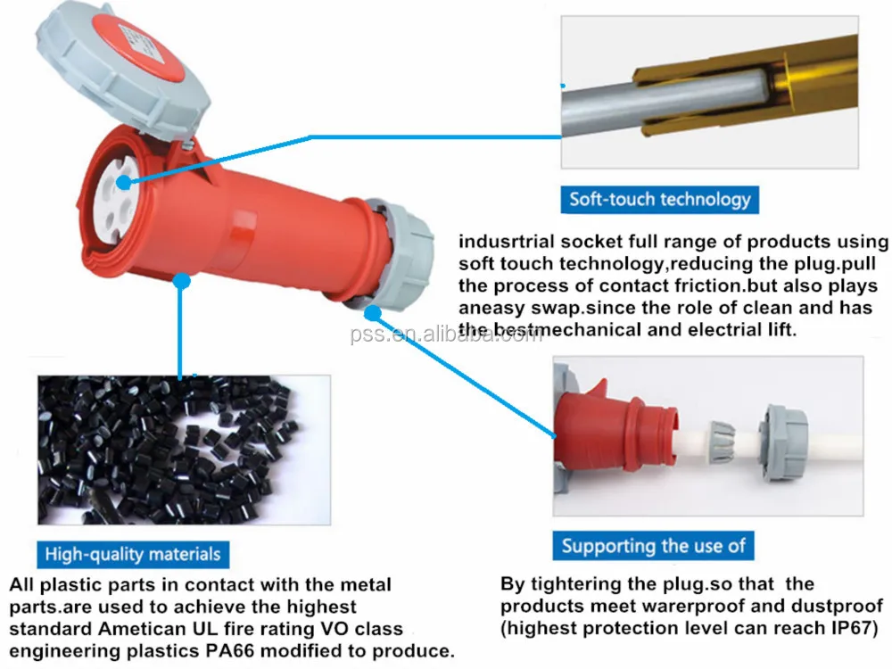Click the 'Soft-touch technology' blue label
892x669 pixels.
coord(659,200)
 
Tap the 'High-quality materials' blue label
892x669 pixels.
coord(133,554)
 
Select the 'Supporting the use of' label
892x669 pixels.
coord(653,546)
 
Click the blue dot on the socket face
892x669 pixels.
coord(123,183)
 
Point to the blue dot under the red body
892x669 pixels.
coord(181,280)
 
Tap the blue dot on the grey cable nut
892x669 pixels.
coord(372,313)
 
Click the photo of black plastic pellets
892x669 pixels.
coord(185,450)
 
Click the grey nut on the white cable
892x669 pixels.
coord(783,442)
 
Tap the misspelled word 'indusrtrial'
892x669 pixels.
coord(507,242)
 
